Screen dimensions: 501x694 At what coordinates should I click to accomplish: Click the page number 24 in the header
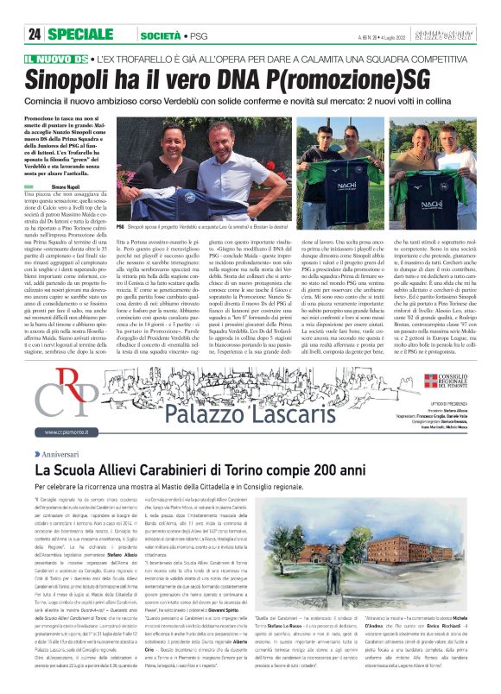[35, 34]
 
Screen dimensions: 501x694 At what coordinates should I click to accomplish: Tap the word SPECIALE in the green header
[79, 34]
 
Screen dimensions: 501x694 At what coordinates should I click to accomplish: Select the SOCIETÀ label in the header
[162, 35]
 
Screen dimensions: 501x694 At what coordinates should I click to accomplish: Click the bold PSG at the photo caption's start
[121, 223]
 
